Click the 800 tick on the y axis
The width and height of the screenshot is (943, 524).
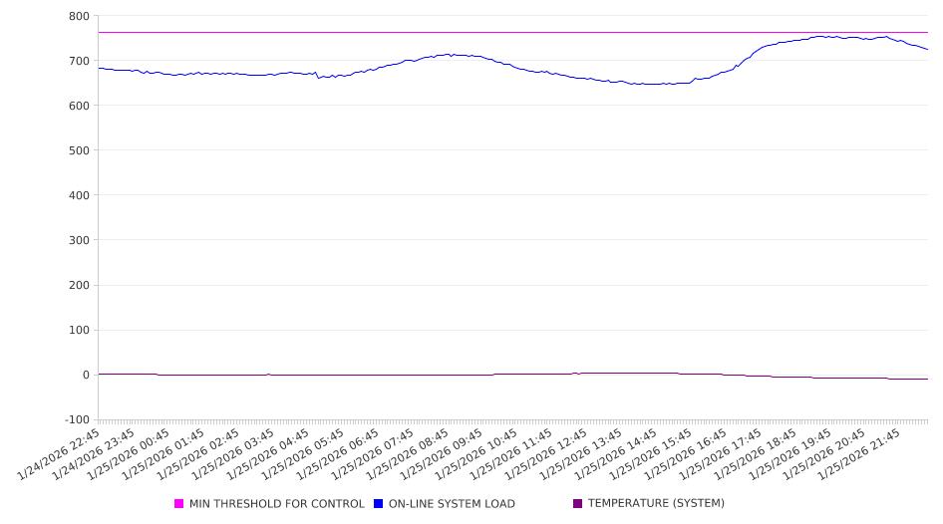(78, 16)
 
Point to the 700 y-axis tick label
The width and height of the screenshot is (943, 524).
(78, 61)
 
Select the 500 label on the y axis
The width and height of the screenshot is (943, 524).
(78, 150)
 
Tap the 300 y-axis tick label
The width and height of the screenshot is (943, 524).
(78, 240)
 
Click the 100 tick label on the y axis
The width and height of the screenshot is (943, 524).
(78, 330)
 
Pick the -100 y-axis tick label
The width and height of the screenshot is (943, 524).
(75, 419)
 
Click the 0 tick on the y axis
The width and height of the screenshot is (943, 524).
(85, 375)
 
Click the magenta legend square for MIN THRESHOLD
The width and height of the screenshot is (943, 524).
(179, 504)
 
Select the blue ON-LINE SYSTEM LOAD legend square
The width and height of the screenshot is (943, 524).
(379, 504)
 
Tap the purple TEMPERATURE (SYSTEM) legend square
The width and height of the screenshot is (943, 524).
(578, 504)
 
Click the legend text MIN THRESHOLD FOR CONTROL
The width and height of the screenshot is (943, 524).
(277, 504)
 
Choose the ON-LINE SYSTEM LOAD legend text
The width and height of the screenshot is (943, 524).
(452, 504)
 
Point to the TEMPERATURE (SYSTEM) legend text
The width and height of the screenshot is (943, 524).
(656, 504)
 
